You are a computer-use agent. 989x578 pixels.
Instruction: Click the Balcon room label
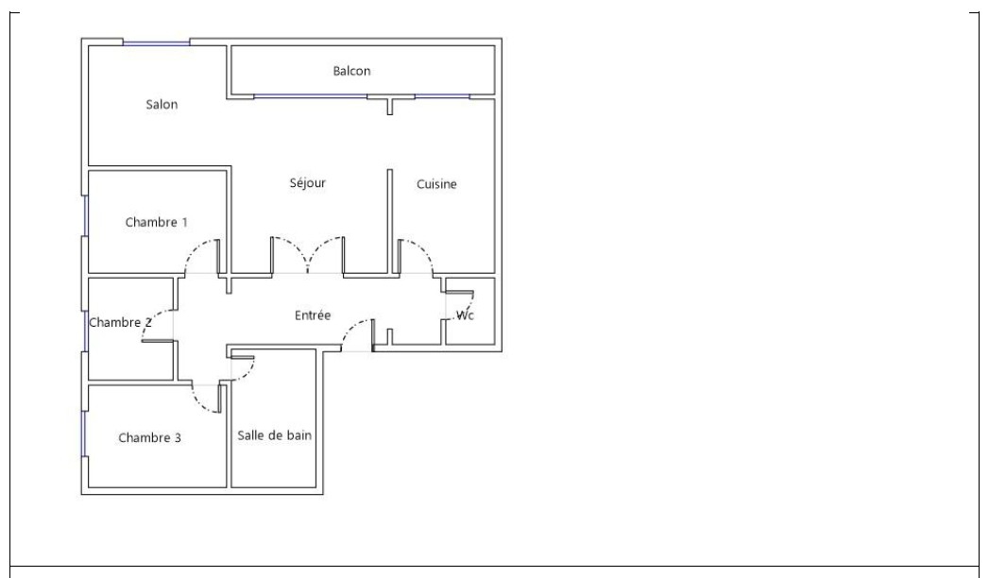(351, 71)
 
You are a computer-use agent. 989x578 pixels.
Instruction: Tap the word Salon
(162, 104)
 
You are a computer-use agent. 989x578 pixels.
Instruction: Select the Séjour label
(308, 183)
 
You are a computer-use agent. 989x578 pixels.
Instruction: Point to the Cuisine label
(436, 184)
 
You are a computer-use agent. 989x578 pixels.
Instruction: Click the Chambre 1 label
(157, 222)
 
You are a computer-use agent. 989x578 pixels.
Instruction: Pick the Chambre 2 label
(121, 322)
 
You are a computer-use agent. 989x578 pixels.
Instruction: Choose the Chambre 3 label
(149, 437)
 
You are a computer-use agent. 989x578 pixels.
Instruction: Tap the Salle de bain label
(274, 435)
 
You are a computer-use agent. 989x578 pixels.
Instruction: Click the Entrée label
(313, 315)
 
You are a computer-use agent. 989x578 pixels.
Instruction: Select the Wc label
(465, 315)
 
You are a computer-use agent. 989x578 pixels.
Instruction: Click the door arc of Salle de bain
(247, 372)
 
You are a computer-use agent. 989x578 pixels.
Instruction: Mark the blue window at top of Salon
(157, 42)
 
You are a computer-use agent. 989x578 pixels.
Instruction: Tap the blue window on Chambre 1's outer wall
(85, 215)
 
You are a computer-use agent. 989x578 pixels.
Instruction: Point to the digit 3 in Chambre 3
(178, 437)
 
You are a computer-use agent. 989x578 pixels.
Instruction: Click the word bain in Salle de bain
(299, 435)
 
